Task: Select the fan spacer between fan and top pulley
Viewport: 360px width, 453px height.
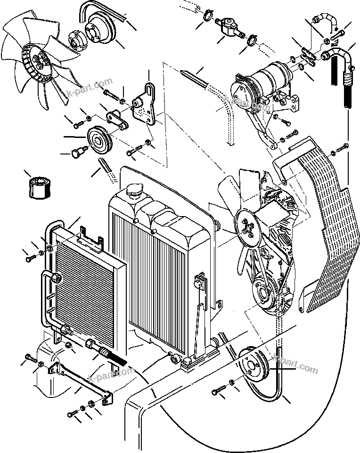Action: [77, 40]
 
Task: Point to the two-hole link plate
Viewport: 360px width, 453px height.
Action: [117, 119]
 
